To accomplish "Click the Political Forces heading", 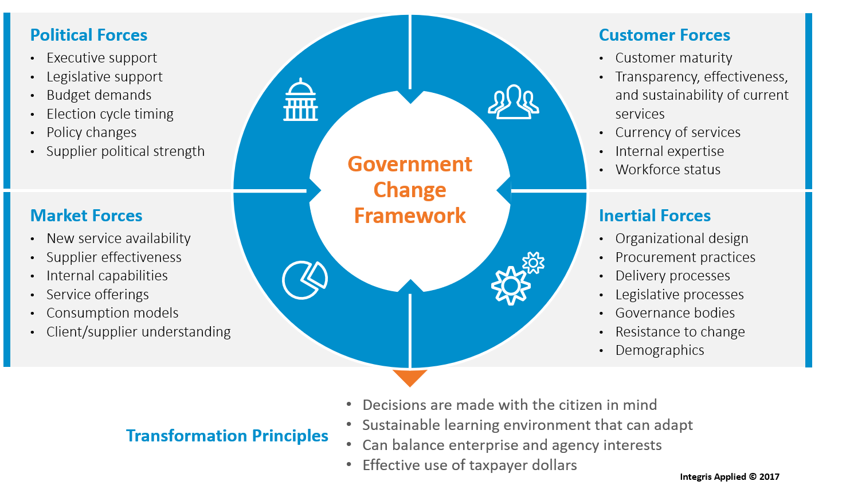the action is [89, 36].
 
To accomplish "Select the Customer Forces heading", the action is [664, 36].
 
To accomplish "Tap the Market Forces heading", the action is [86, 216].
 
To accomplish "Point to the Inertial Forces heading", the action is [655, 216].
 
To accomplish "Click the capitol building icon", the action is [301, 100].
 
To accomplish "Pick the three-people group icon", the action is [513, 102].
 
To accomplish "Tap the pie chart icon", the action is [304, 280].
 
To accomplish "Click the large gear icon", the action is [510, 285].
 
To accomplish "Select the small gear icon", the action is [534, 263].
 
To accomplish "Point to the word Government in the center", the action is [410, 165].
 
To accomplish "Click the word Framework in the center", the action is [410, 216].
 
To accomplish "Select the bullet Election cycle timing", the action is [110, 114].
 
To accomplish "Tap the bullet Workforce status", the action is [668, 170].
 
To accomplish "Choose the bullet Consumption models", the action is [112, 313].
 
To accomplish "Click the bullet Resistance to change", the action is [680, 332].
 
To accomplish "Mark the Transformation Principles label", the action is [228, 436].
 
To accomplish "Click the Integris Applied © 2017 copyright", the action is [729, 476].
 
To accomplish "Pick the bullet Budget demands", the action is [99, 95].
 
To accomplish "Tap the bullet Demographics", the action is [660, 350].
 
